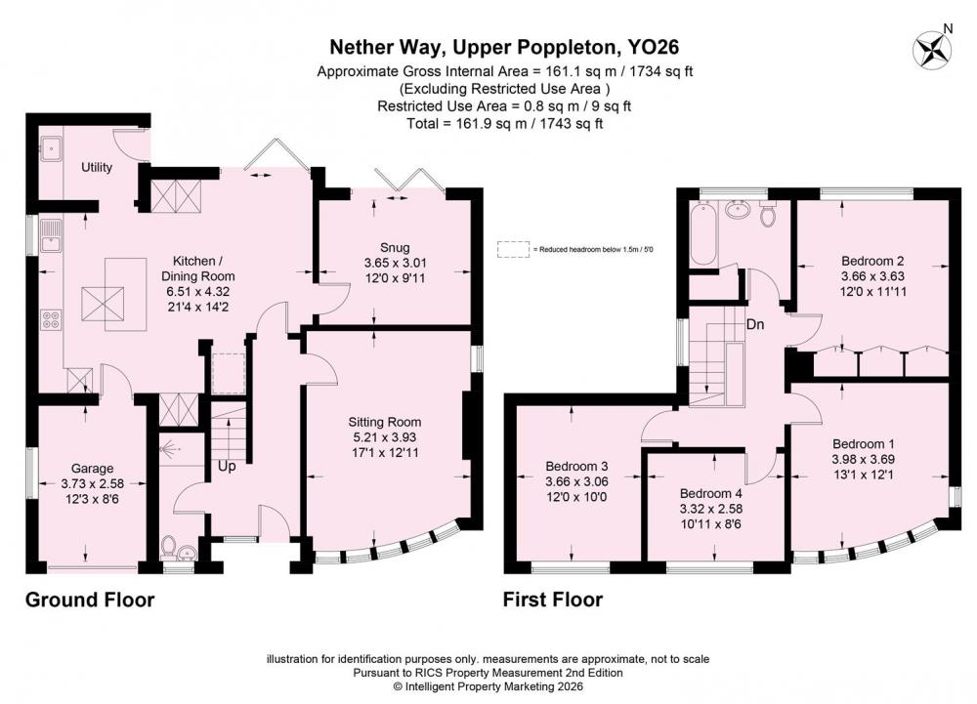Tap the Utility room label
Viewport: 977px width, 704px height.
(97, 167)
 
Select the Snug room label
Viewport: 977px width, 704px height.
(395, 248)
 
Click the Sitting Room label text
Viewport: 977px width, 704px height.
(384, 422)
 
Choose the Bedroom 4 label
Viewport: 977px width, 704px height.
(711, 493)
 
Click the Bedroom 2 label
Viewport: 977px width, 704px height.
(872, 261)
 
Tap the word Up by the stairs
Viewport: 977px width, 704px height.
(227, 466)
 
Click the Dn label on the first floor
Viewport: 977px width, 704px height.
(755, 324)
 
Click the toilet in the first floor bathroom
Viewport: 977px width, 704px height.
(768, 214)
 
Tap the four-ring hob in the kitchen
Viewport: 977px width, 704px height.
(51, 320)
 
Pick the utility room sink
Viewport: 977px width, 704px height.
(51, 148)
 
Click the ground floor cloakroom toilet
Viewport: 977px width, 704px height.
(168, 547)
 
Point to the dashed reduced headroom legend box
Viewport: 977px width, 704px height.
(513, 249)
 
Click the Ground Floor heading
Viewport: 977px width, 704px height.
(90, 600)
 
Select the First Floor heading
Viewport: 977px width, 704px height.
(553, 600)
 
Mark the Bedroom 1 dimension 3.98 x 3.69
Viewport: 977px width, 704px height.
(863, 459)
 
